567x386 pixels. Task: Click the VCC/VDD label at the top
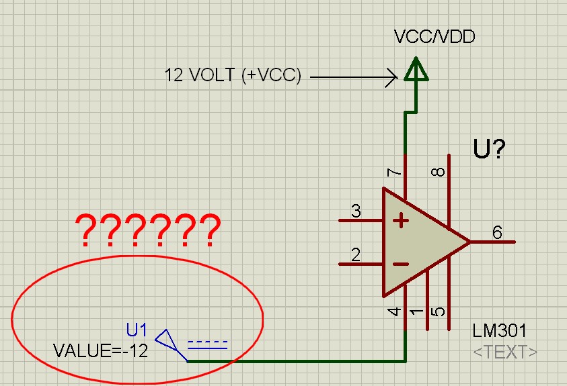tap(434, 36)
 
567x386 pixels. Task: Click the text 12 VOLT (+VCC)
tap(233, 75)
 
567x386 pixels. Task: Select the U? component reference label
tap(489, 149)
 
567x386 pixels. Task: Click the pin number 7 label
tap(395, 173)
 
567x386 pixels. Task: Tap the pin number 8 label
tap(438, 172)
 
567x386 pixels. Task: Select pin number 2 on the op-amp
tap(356, 255)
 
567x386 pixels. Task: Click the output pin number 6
tap(497, 233)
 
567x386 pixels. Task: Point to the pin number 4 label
tap(395, 312)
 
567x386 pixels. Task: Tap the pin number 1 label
tap(417, 312)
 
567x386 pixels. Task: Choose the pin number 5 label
tap(438, 312)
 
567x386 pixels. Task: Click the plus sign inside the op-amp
tap(401, 220)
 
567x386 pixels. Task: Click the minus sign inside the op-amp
tap(401, 264)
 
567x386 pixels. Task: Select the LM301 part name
tap(500, 331)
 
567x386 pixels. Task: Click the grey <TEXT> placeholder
tap(505, 351)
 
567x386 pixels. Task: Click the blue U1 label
tap(137, 330)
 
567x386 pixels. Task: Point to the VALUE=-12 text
tap(100, 350)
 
